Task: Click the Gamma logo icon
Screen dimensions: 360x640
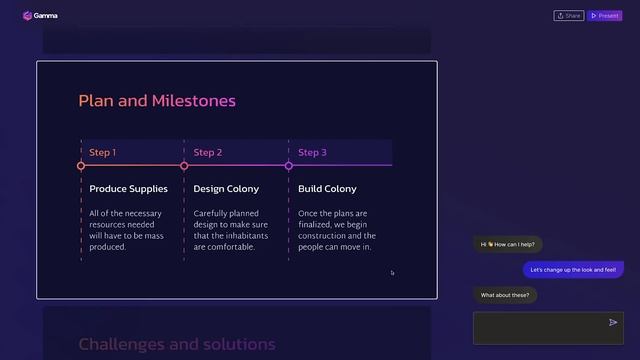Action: (26, 16)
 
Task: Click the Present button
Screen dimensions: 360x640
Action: (605, 16)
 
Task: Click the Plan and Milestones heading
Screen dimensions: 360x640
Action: (157, 101)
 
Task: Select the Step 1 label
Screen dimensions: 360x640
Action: (103, 153)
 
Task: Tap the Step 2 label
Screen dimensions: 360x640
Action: (208, 153)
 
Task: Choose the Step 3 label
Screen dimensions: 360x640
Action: (312, 153)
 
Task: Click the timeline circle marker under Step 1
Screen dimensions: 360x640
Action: (81, 166)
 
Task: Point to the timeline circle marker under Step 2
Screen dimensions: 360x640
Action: (184, 166)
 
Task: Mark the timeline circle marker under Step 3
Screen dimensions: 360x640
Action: (289, 166)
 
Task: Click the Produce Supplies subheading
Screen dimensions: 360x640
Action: (128, 189)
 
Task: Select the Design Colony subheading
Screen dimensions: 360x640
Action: (226, 189)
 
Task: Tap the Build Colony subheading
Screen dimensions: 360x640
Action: (327, 189)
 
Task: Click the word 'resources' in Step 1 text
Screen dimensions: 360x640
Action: (108, 225)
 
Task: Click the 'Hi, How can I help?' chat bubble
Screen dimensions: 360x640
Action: (507, 244)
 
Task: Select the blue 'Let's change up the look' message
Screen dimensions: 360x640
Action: (573, 269)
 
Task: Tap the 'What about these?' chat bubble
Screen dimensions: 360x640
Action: (505, 295)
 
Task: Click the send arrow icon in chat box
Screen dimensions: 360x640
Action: (613, 323)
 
